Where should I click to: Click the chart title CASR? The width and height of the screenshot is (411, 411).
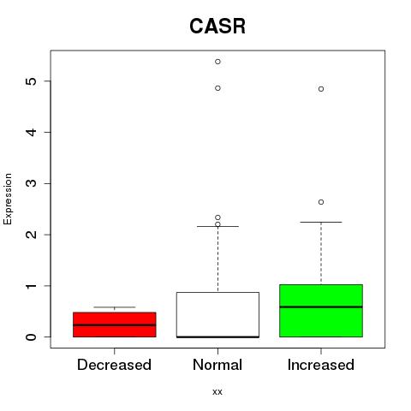[x=217, y=27]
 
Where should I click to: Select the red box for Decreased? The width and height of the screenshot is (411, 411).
[x=115, y=325]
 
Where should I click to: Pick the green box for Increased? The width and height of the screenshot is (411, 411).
[x=321, y=311]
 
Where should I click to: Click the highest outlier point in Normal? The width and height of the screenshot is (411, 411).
[x=217, y=62]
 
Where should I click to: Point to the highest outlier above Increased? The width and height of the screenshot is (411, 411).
[x=321, y=89]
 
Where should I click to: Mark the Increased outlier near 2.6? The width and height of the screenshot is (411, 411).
[x=321, y=202]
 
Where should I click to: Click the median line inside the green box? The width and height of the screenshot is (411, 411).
[x=321, y=307]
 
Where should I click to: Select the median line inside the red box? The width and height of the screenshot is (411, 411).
[x=115, y=325]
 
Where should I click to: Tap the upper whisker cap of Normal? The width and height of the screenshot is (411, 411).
[x=217, y=226]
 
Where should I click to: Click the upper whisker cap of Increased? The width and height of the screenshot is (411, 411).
[x=321, y=222]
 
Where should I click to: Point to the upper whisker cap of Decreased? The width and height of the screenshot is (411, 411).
[x=115, y=307]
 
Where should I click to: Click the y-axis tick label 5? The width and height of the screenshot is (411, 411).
[x=32, y=81]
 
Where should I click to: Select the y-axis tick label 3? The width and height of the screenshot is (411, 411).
[x=32, y=183]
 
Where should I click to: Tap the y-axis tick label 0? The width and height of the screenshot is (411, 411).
[x=32, y=337]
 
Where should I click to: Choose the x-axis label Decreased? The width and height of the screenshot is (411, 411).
[x=114, y=365]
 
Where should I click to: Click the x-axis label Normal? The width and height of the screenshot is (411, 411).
[x=217, y=365]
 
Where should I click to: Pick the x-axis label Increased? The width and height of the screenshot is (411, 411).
[x=321, y=365]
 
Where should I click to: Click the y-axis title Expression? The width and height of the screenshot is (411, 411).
[x=8, y=199]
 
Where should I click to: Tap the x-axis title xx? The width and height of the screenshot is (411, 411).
[x=217, y=392]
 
